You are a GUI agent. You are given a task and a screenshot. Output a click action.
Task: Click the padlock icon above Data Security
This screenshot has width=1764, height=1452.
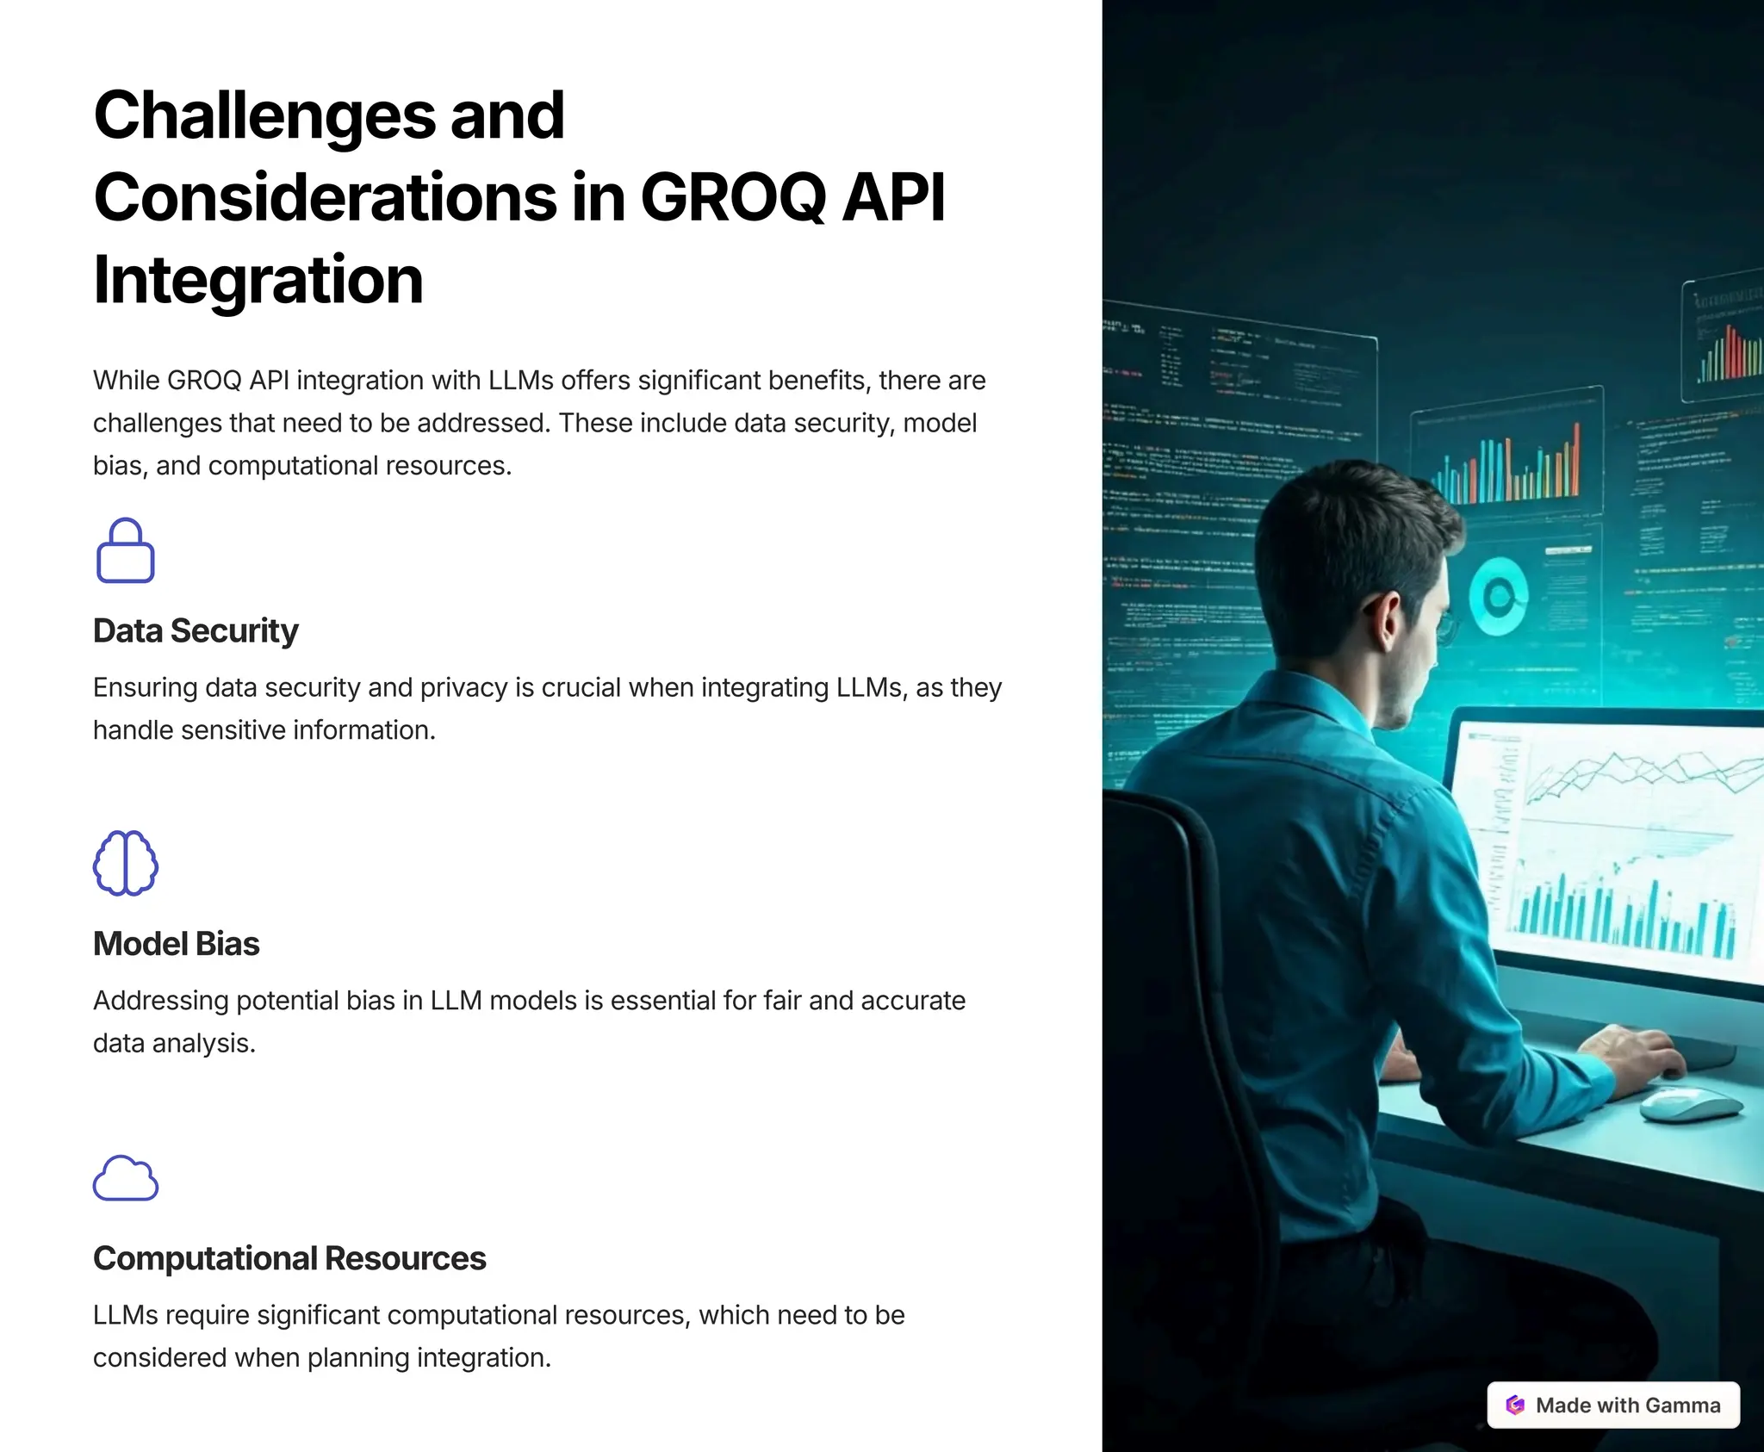tap(126, 551)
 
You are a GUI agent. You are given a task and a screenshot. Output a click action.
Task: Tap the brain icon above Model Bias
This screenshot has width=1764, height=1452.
tap(126, 863)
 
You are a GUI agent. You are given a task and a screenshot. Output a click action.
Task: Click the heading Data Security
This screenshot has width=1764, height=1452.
tap(196, 630)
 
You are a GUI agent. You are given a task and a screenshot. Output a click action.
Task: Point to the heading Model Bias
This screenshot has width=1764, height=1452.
tap(176, 944)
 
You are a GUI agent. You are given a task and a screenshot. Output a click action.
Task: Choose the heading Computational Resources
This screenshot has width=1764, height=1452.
tap(289, 1258)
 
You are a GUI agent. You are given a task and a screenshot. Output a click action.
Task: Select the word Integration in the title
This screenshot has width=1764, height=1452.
tap(258, 280)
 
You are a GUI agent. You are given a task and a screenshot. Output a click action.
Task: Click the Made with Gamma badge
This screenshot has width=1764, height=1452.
tap(1613, 1405)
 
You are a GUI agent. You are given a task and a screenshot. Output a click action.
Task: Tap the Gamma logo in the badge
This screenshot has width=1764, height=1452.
tap(1515, 1405)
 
